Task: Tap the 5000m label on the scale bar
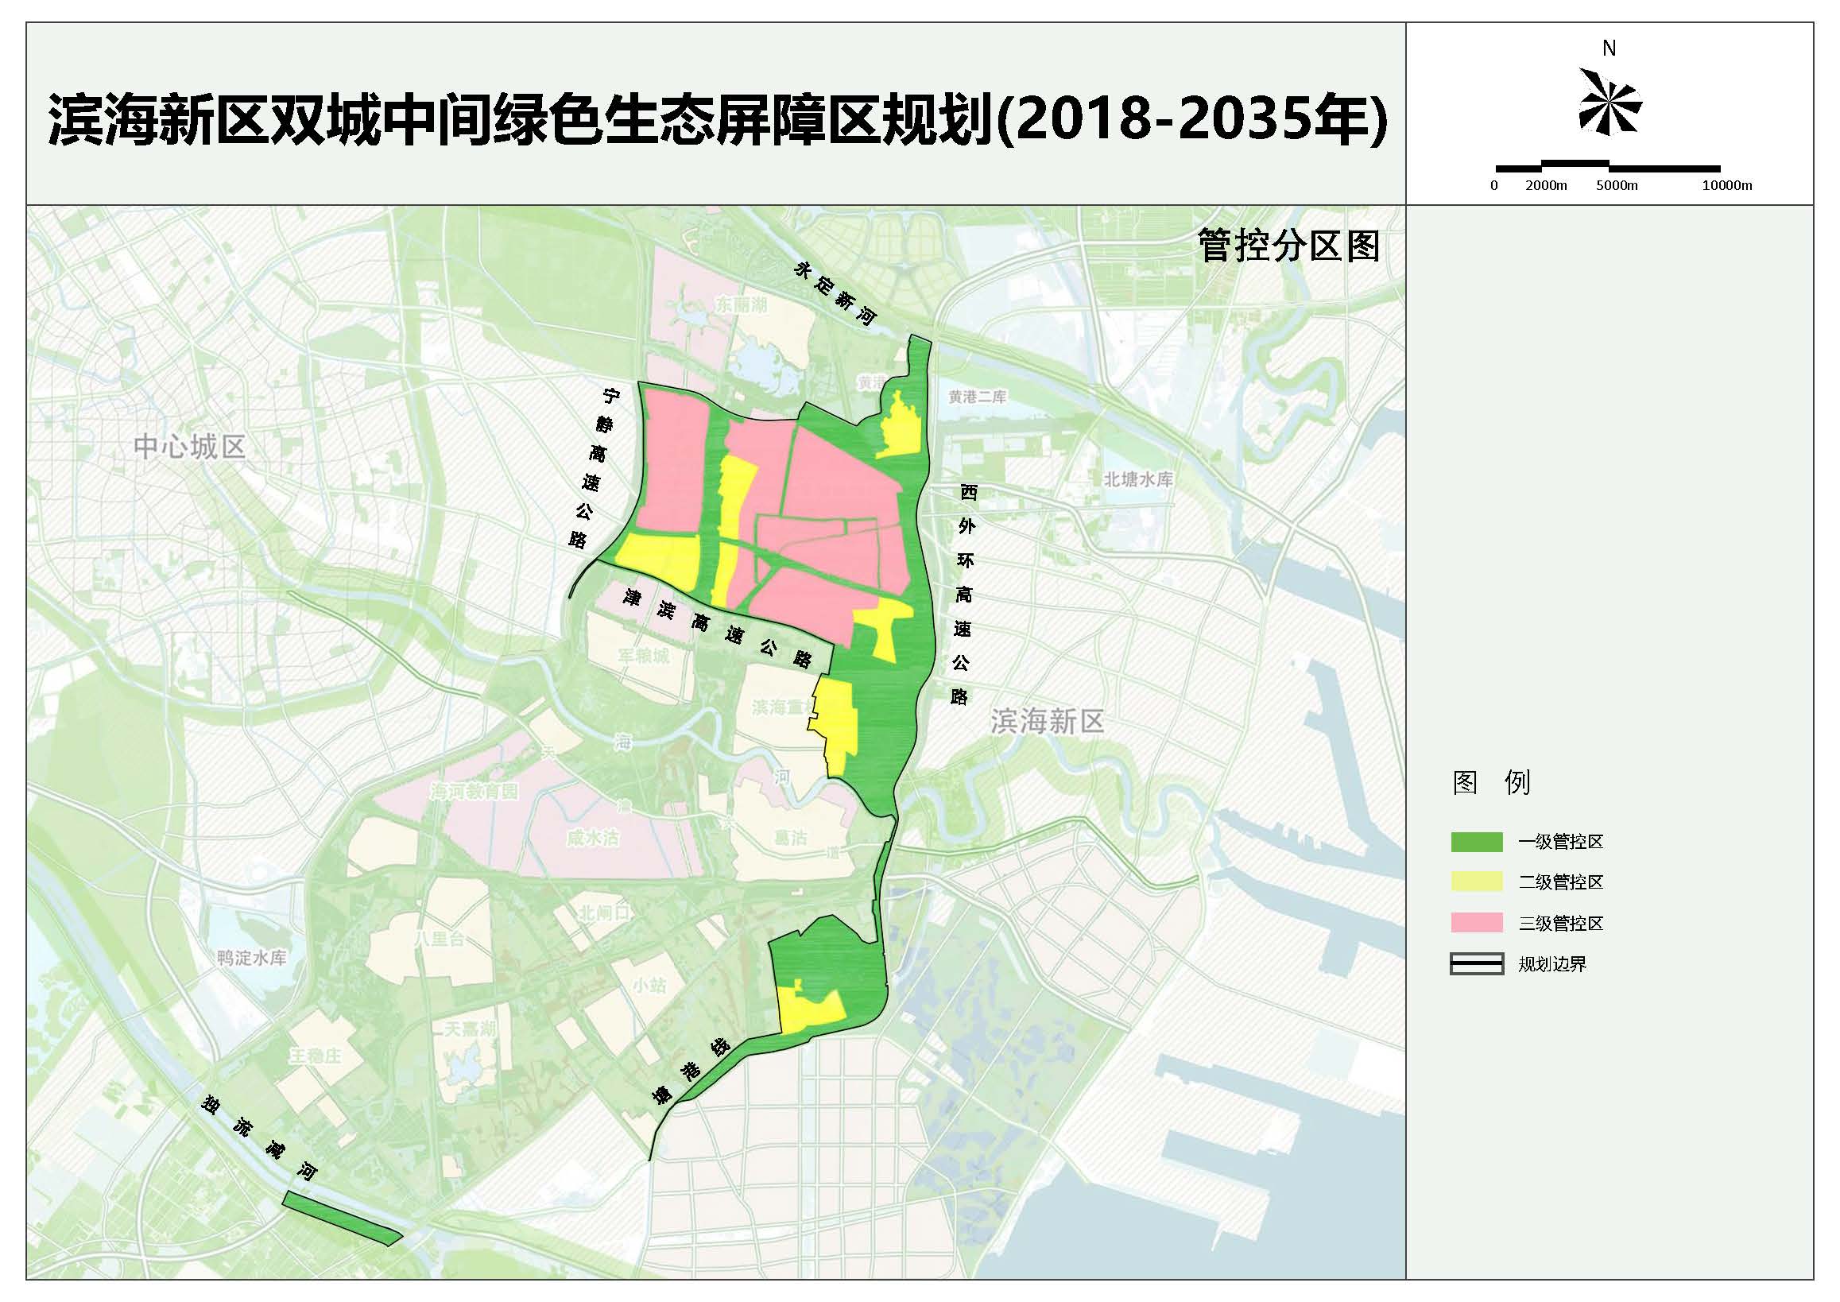coord(1617,185)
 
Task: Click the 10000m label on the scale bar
coord(1727,185)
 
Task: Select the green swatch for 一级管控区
coord(1476,842)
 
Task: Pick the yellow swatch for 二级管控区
coord(1476,882)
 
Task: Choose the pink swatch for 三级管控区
coord(1476,923)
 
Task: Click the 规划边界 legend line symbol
coord(1476,963)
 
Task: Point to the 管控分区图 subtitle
coord(1288,246)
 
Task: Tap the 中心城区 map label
coord(189,447)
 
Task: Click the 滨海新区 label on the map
coord(1047,722)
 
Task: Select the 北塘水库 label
coord(1137,479)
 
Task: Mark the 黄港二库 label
coord(978,397)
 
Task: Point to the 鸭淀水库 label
coord(251,957)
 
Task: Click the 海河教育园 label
coord(474,792)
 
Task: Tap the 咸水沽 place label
coord(591,839)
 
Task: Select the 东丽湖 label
coord(741,304)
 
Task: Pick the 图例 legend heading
coord(1492,782)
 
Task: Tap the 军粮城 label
coord(643,656)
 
